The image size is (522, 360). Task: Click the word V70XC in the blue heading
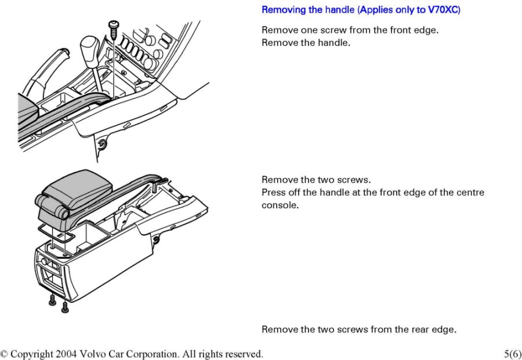(x=442, y=10)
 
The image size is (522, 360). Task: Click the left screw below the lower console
(x=53, y=300)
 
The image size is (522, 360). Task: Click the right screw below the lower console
(x=64, y=306)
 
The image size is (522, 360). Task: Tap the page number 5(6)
(x=513, y=354)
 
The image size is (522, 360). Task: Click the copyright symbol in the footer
(x=5, y=354)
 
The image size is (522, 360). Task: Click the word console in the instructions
(x=280, y=205)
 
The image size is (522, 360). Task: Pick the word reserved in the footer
(x=244, y=354)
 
